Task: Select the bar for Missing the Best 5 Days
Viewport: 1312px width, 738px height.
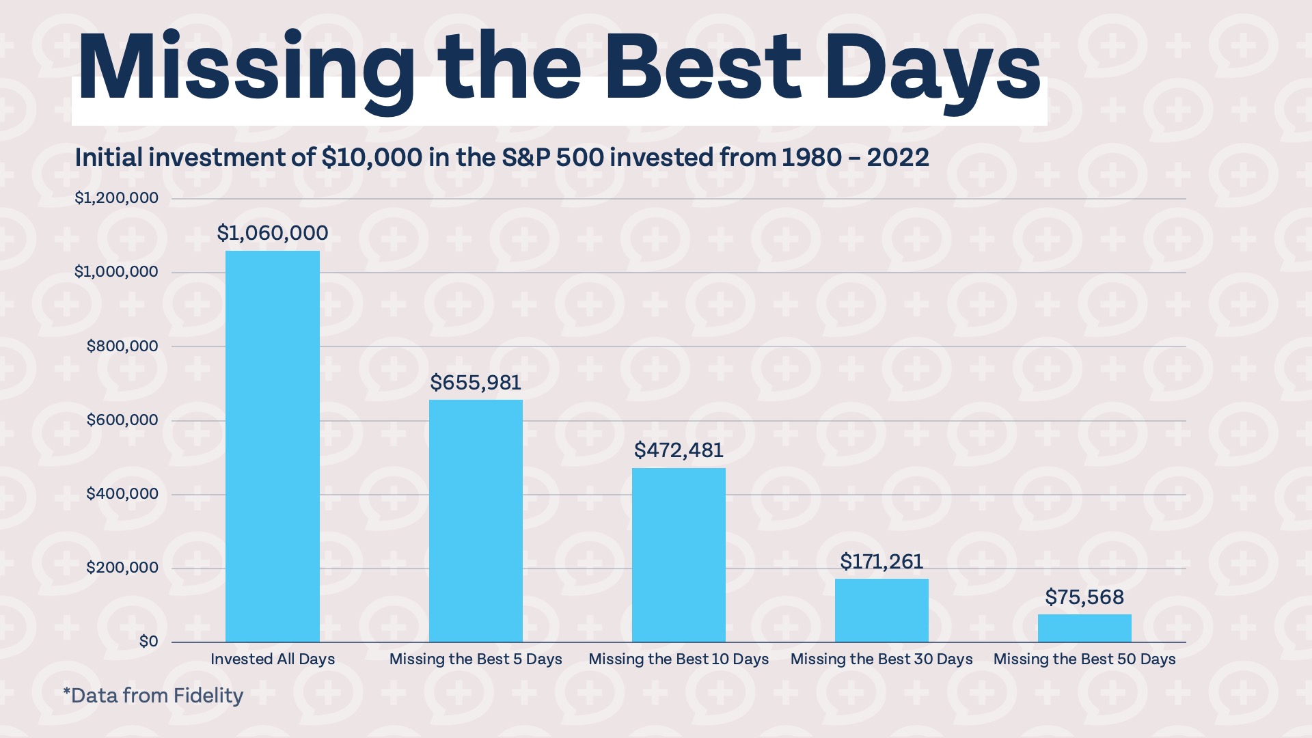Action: (476, 521)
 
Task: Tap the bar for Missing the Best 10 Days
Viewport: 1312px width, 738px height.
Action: (679, 555)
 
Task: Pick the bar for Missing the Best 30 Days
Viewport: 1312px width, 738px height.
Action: (881, 610)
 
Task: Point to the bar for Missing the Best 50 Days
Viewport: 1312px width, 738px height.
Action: (1084, 628)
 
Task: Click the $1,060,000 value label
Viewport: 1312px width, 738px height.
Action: (272, 233)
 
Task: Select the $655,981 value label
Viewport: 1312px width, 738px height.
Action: (476, 383)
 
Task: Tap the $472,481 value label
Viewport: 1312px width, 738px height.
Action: (679, 450)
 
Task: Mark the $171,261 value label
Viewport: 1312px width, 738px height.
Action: (881, 562)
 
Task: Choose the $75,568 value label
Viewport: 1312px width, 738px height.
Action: (1084, 597)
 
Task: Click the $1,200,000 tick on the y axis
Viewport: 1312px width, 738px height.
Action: (116, 198)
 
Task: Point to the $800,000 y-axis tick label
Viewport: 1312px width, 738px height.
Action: (122, 346)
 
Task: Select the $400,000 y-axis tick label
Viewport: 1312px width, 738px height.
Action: (122, 494)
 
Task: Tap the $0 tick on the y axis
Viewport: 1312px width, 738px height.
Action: (148, 642)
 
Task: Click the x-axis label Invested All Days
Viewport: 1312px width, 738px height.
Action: (272, 659)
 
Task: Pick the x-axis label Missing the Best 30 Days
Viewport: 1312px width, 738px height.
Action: (881, 659)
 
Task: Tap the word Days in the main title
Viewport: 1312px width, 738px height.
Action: (933, 68)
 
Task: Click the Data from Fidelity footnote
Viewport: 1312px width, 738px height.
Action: (153, 696)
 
